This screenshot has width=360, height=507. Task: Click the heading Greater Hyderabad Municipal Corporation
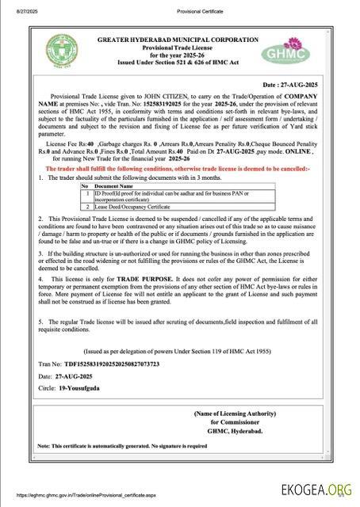click(178, 39)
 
